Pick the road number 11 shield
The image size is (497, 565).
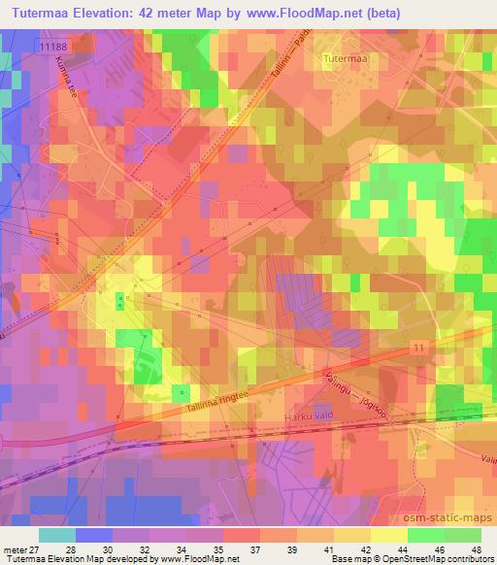click(x=418, y=347)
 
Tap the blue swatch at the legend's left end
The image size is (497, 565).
click(x=58, y=535)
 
